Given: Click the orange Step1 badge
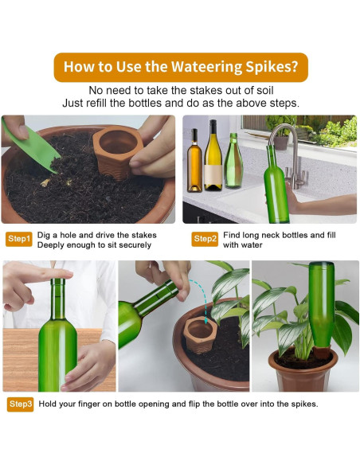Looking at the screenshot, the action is (18, 239).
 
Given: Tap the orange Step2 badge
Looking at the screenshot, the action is (205, 239).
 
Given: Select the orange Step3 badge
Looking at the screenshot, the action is (21, 404).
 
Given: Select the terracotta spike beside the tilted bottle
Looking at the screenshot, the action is (200, 334).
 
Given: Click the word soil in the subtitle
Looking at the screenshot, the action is (264, 90).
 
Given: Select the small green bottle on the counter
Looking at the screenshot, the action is (233, 161).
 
